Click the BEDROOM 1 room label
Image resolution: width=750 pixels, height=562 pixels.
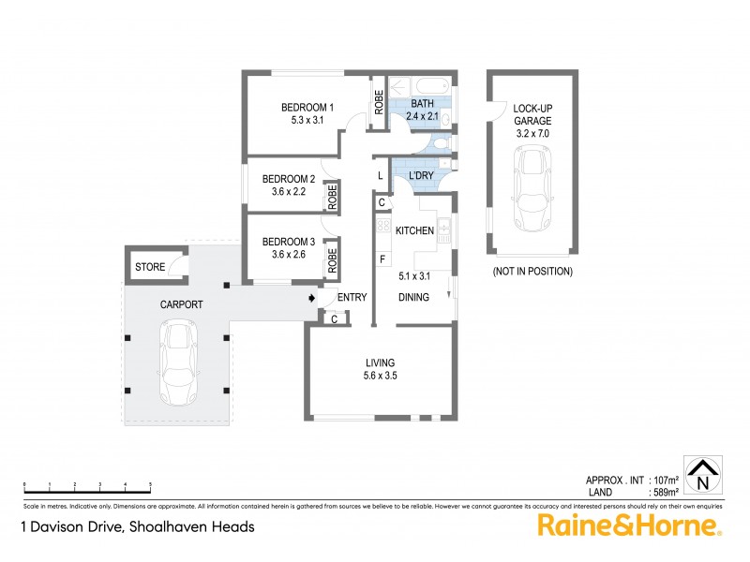(308, 108)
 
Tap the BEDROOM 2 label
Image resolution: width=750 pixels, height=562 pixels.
(288, 179)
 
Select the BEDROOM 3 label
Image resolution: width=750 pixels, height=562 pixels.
(288, 229)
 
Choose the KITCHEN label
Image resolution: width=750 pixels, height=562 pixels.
(413, 230)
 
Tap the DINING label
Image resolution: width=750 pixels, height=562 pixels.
(413, 298)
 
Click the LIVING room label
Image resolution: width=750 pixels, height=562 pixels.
(381, 362)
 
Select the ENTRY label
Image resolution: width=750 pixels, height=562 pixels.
(352, 298)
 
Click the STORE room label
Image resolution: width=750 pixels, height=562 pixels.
(150, 267)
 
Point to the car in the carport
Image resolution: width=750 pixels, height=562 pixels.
(178, 360)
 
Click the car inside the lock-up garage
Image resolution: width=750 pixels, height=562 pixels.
(532, 186)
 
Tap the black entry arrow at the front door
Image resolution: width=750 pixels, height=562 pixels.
(311, 298)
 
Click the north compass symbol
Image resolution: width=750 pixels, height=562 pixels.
(701, 476)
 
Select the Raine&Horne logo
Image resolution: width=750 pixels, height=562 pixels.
(629, 525)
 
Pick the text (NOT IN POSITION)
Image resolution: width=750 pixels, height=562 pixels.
(532, 272)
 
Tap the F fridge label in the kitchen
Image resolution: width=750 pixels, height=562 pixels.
(382, 259)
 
